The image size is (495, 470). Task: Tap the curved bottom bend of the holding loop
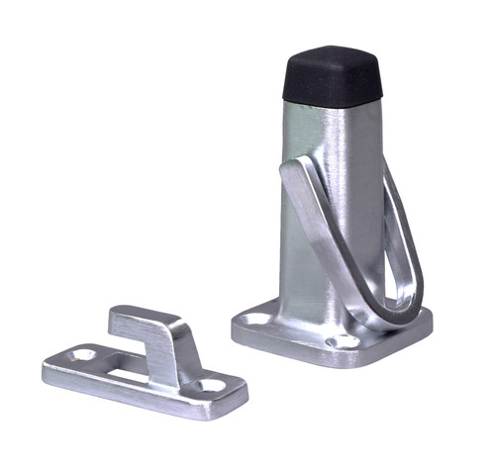click(x=391, y=312)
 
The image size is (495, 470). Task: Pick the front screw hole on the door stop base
click(x=344, y=341)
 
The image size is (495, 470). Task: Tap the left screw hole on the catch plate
click(x=85, y=353)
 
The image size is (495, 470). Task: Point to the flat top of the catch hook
click(x=145, y=318)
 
